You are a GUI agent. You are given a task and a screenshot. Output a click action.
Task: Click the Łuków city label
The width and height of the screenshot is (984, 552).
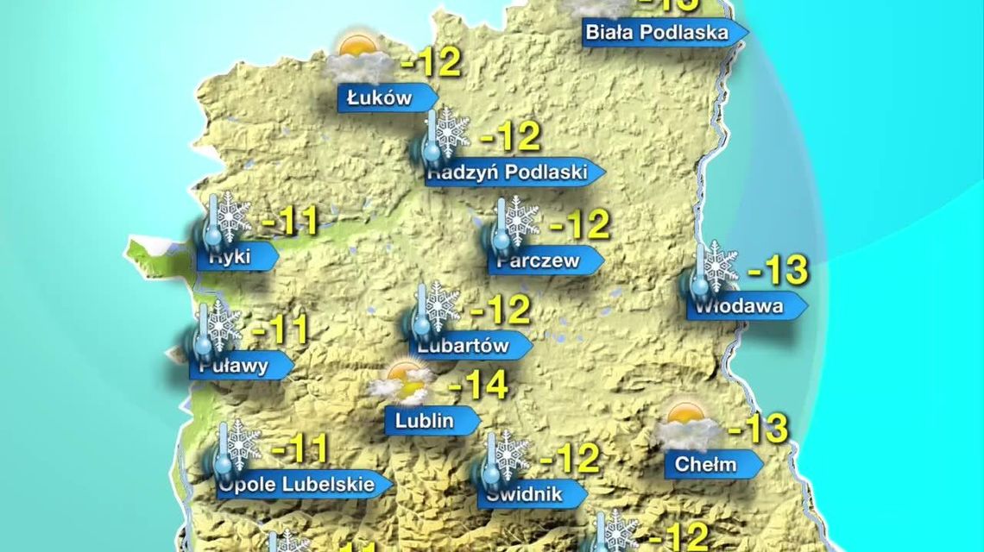(x=381, y=98)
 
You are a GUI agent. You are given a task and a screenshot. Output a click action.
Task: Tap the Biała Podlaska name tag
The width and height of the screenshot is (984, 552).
(x=657, y=34)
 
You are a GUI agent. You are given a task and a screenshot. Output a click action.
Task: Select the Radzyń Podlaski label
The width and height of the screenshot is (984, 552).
(x=508, y=172)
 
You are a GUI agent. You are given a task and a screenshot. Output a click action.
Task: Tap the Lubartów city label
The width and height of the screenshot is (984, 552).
(x=464, y=346)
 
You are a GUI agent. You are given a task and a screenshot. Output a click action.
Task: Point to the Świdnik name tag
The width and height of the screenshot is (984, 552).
(x=525, y=494)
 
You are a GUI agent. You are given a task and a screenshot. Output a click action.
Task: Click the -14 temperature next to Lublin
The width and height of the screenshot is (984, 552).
(x=477, y=386)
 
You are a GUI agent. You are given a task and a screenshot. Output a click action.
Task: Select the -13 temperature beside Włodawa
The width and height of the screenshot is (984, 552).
(x=776, y=271)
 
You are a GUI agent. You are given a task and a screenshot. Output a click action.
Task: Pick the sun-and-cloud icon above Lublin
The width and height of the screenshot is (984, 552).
(x=401, y=382)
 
